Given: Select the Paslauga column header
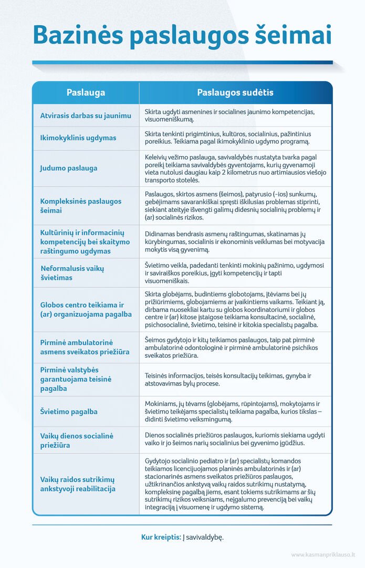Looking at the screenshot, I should coord(86,93).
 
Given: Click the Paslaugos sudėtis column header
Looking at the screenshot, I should coord(235,93).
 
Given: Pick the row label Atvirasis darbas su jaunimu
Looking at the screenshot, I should coord(86,115).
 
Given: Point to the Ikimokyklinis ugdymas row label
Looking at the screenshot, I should coord(78,138).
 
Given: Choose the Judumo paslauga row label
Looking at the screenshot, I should coord(69,168).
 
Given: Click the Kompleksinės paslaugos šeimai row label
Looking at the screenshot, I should coord(81,206).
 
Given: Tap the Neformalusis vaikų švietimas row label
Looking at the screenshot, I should coord(72,273).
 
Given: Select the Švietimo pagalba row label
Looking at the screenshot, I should coord(69,412).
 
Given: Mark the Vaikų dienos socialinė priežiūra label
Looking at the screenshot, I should coord(77,441).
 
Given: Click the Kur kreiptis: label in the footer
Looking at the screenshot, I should coord(161,537).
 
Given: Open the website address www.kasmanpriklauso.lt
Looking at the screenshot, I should coord(323,554).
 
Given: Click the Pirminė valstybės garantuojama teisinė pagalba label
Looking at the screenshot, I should coord(77,379).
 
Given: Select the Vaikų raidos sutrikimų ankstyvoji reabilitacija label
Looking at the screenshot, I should coord(77,484).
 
